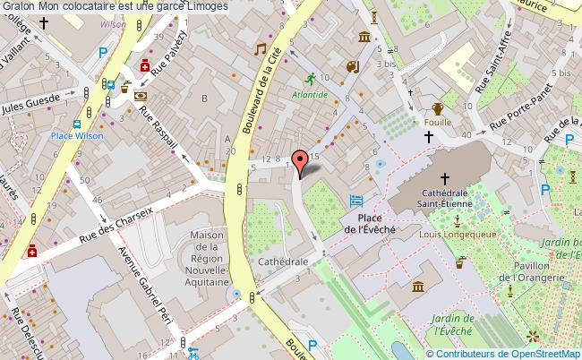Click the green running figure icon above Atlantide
(x=310, y=78)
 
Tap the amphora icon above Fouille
(x=437, y=109)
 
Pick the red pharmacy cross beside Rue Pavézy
(x=144, y=65)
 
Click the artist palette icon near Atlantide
(x=352, y=66)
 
